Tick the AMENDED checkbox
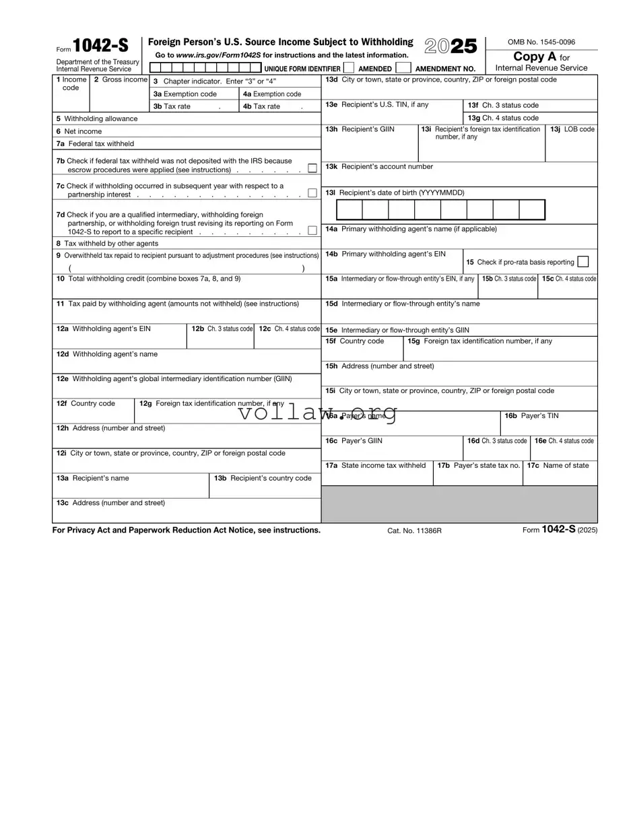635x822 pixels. (x=349, y=67)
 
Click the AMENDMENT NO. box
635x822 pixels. (x=403, y=67)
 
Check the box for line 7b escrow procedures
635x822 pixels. (x=312, y=168)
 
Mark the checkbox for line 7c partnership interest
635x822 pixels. (x=312, y=193)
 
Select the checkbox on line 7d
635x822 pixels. (x=312, y=230)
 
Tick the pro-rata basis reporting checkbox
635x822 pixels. (x=583, y=262)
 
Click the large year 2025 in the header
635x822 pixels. (x=450, y=46)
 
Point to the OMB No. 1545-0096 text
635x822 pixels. (x=541, y=42)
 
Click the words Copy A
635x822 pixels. (x=535, y=57)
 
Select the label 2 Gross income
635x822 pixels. (x=121, y=79)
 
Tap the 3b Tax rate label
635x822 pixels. (x=172, y=106)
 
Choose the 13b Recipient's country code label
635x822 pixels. (x=263, y=478)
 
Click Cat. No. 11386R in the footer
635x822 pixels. (x=414, y=530)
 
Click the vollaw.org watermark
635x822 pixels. (x=317, y=412)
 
